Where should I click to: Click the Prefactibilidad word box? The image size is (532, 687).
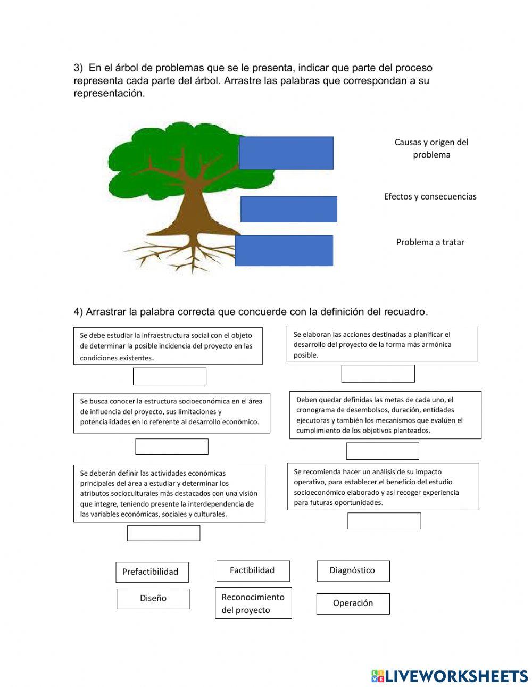click(x=152, y=572)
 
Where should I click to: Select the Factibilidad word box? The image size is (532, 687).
click(x=253, y=570)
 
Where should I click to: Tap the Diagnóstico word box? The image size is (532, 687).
click(x=353, y=570)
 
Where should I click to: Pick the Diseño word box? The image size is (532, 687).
click(x=153, y=599)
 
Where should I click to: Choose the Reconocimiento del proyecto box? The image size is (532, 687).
click(x=253, y=603)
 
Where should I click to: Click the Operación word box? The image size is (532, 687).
click(x=353, y=603)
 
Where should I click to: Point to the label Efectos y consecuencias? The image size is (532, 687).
click(x=430, y=197)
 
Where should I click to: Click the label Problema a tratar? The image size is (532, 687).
click(x=430, y=242)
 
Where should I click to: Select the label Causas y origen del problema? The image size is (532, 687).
click(x=431, y=148)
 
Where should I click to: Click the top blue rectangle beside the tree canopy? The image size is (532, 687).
click(x=286, y=153)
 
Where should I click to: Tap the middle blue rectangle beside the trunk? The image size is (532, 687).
click(x=289, y=209)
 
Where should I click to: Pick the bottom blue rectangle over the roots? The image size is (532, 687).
click(x=284, y=251)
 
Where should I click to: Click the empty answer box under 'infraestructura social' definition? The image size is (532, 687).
click(x=169, y=376)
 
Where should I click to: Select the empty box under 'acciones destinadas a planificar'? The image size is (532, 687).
click(x=378, y=374)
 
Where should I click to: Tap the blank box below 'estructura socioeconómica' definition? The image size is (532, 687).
click(x=171, y=447)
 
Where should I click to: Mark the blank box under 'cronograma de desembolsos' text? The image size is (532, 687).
click(x=383, y=451)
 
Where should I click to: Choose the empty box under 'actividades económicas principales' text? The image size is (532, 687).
click(x=163, y=533)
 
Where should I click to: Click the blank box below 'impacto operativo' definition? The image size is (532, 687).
click(x=384, y=521)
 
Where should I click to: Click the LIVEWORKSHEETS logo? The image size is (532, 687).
click(x=450, y=676)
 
